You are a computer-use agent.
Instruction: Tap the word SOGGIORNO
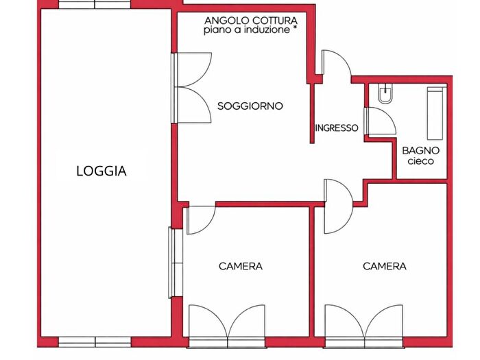(250, 106)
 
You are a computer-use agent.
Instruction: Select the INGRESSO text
(336, 128)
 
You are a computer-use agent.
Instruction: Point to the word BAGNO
(420, 150)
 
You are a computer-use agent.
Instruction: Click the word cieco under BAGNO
(420, 162)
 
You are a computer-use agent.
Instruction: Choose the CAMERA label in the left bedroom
(241, 266)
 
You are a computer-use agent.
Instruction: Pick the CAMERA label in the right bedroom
(385, 266)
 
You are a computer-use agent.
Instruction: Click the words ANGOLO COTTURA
(250, 21)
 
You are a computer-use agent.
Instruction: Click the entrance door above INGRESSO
(336, 65)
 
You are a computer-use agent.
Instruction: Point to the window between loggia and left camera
(173, 262)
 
